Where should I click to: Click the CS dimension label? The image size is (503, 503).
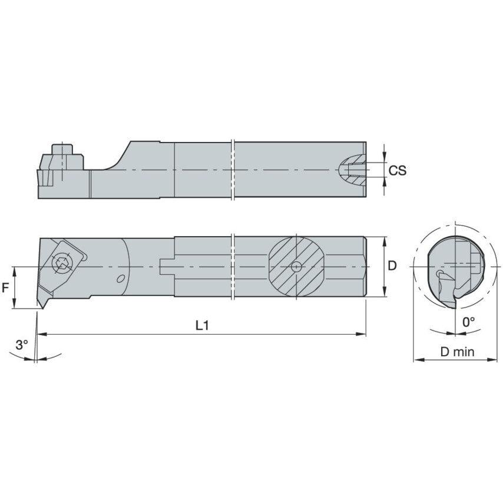pos(398,170)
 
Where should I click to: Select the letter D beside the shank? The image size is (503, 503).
pos(392,266)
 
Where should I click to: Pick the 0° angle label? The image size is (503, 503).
pos(469,322)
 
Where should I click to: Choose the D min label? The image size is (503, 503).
pos(458,352)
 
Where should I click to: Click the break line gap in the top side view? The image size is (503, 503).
pos(234,170)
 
